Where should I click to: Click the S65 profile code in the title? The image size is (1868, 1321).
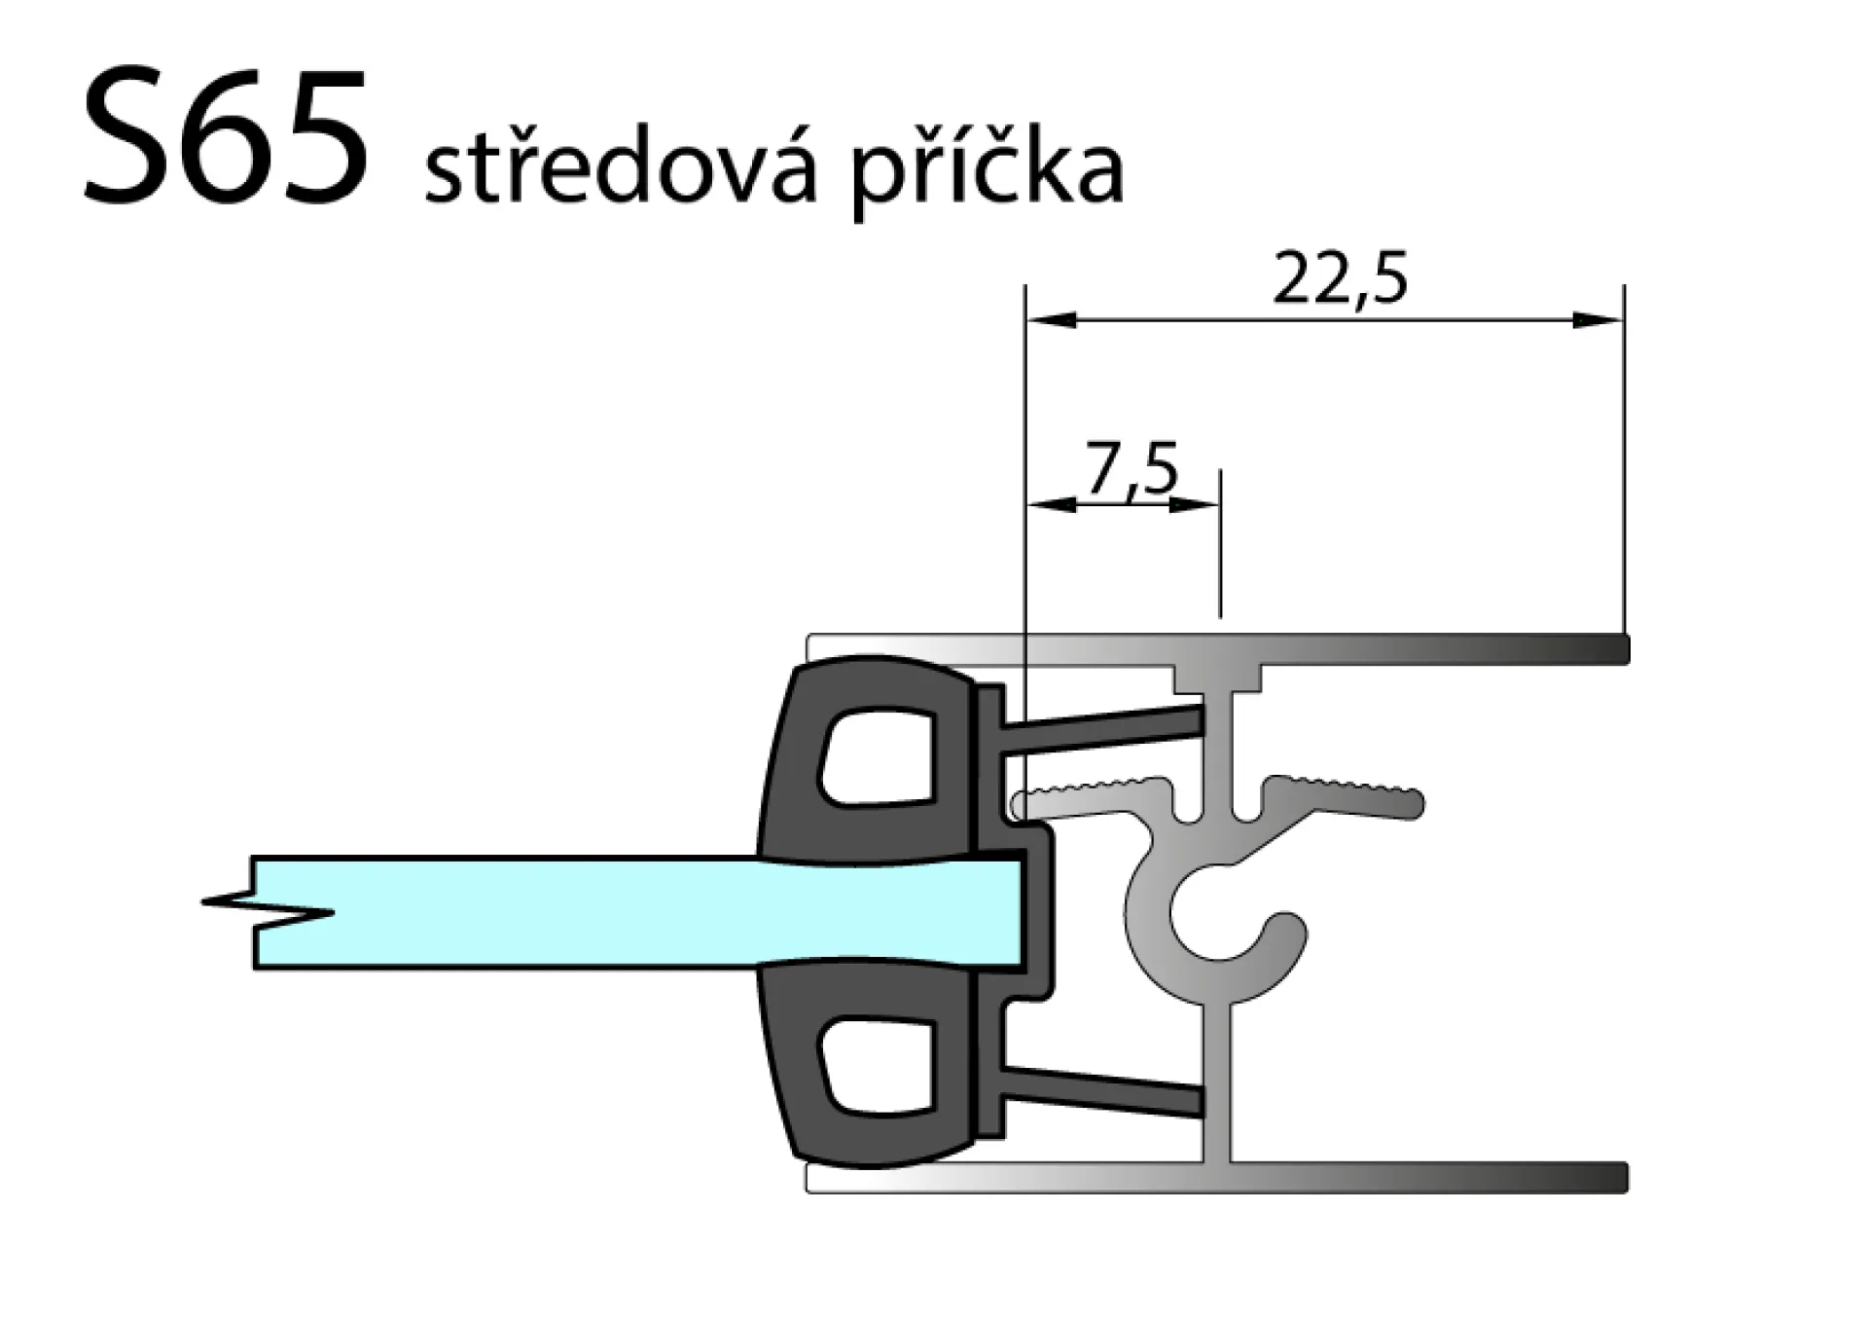click(227, 136)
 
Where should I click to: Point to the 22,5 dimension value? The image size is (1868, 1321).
click(1340, 279)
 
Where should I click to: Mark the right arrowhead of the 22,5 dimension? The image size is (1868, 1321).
click(1598, 320)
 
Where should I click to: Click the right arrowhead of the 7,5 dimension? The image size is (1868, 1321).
click(1195, 504)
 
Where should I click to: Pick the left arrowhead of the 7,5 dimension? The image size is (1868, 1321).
click(1053, 504)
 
